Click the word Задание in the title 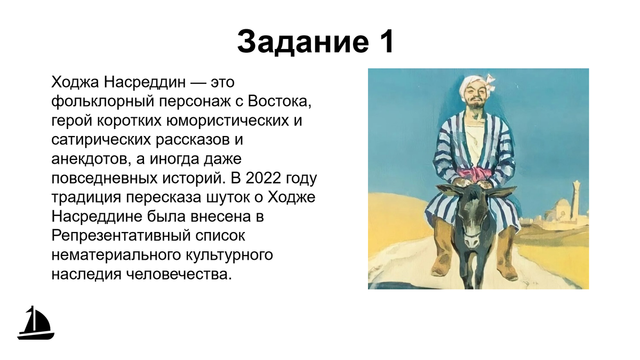tap(303, 42)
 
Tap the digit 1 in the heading tap(386, 42)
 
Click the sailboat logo tap(36, 323)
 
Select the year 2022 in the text tap(263, 178)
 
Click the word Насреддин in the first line tap(145, 82)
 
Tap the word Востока tap(279, 101)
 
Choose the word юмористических tap(227, 121)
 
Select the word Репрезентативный tap(121, 236)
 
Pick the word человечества tap(179, 274)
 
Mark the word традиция tap(86, 198)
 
